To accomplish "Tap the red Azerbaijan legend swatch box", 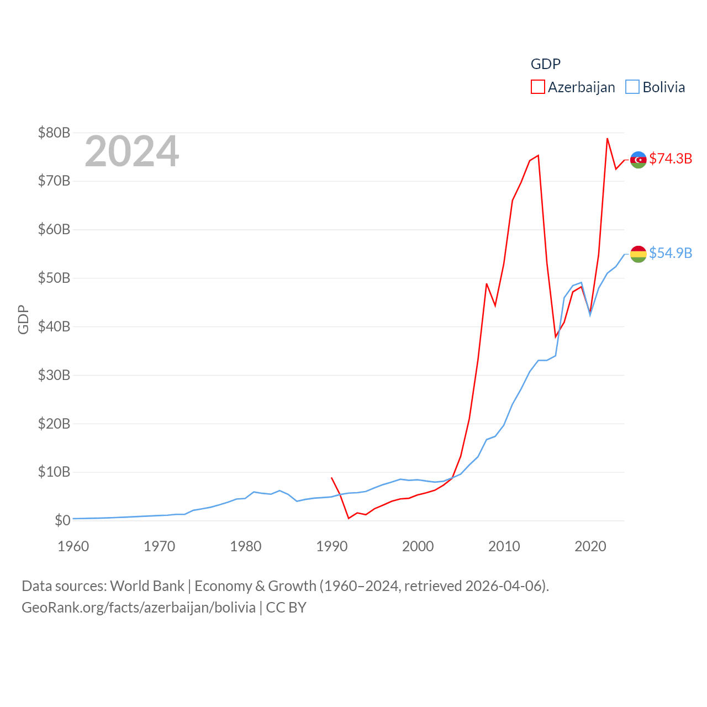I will click(537, 87).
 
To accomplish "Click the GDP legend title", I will click(545, 64).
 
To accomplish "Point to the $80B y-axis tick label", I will click(54, 133).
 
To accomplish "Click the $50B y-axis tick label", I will click(54, 278).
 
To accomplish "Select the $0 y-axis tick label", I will click(62, 520).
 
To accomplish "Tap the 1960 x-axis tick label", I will click(73, 547).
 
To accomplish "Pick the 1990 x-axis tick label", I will click(332, 547).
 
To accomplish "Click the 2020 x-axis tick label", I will click(590, 547).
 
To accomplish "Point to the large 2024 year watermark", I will click(131, 151).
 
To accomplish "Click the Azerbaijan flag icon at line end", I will click(638, 160).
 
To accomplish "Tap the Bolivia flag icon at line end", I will click(638, 254).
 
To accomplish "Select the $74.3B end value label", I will click(671, 159).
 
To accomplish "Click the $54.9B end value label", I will click(671, 253).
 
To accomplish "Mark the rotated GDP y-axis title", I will click(23, 319).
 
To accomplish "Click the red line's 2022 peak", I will click(607, 139).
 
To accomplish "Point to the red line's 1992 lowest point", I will click(349, 518).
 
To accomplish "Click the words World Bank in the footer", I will click(147, 585).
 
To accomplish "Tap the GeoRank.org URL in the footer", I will click(138, 608).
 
